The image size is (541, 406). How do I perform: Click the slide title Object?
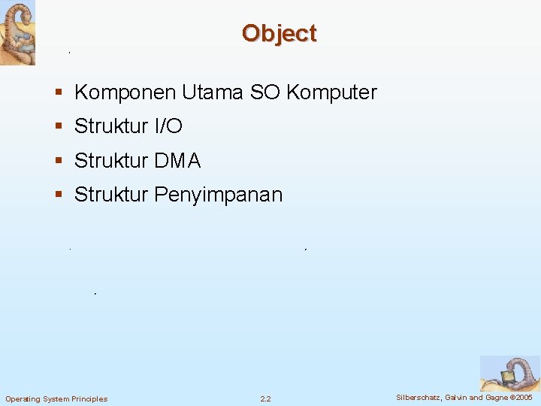click(x=279, y=34)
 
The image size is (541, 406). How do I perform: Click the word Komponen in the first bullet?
click(x=125, y=92)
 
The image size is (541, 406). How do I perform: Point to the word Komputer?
click(x=331, y=92)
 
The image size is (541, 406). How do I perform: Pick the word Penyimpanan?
click(x=218, y=195)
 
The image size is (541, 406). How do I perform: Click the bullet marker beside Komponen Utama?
click(x=59, y=93)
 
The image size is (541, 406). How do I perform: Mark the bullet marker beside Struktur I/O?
click(x=59, y=127)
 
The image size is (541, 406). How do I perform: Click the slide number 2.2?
click(x=265, y=398)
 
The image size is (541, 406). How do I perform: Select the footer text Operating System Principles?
click(x=56, y=398)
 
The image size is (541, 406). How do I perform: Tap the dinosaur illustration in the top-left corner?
click(x=17, y=32)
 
